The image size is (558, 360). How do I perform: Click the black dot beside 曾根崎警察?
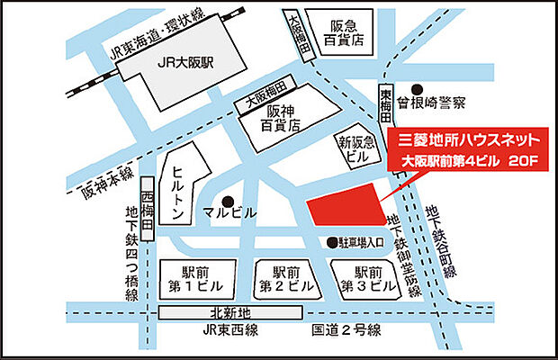[x=403, y=103]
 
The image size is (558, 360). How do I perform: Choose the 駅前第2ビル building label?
[x=279, y=278]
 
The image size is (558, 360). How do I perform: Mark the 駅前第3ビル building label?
[x=368, y=278]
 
